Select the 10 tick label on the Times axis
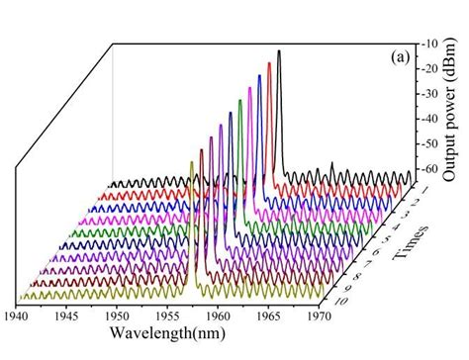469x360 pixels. [337, 300]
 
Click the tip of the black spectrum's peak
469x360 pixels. [279, 50]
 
